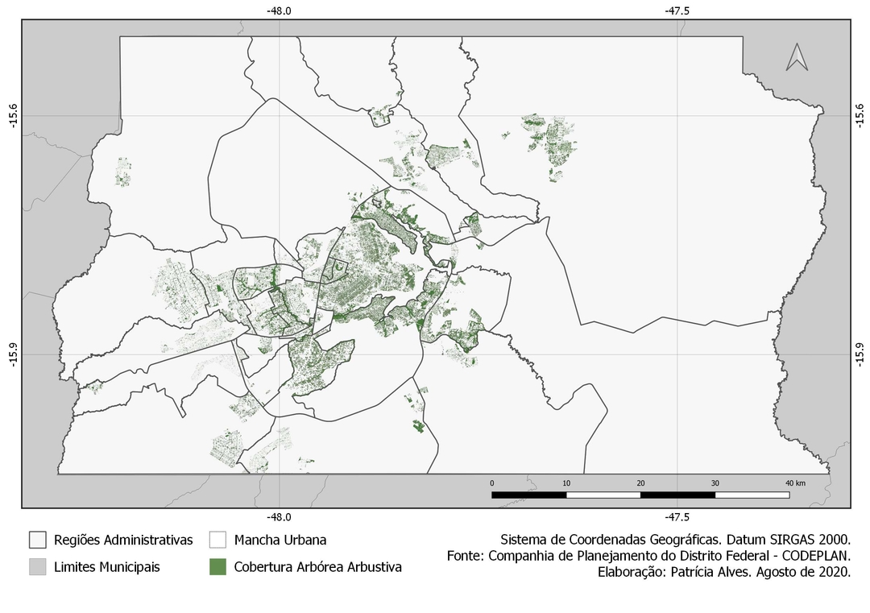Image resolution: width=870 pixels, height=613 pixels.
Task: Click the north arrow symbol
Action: click(x=797, y=57)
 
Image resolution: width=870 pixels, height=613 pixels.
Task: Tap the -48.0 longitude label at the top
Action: click(x=279, y=11)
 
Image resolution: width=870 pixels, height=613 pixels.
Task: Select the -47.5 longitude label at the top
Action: click(x=677, y=11)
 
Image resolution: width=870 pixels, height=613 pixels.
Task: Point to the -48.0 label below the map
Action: click(x=279, y=518)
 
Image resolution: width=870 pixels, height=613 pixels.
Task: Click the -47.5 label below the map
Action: click(x=677, y=518)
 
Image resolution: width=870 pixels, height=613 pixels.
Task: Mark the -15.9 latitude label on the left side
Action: click(x=11, y=353)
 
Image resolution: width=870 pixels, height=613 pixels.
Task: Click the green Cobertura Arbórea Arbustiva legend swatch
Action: click(x=217, y=566)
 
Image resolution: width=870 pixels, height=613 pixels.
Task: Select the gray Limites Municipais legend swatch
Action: click(x=37, y=566)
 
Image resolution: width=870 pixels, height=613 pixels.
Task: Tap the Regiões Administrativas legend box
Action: click(x=37, y=540)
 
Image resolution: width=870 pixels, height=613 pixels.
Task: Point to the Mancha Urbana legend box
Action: click(x=217, y=540)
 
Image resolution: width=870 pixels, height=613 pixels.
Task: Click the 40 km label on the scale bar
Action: click(x=794, y=483)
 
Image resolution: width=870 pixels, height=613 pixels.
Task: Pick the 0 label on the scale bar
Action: click(x=492, y=483)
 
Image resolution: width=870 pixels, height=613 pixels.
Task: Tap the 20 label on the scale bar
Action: click(x=640, y=483)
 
